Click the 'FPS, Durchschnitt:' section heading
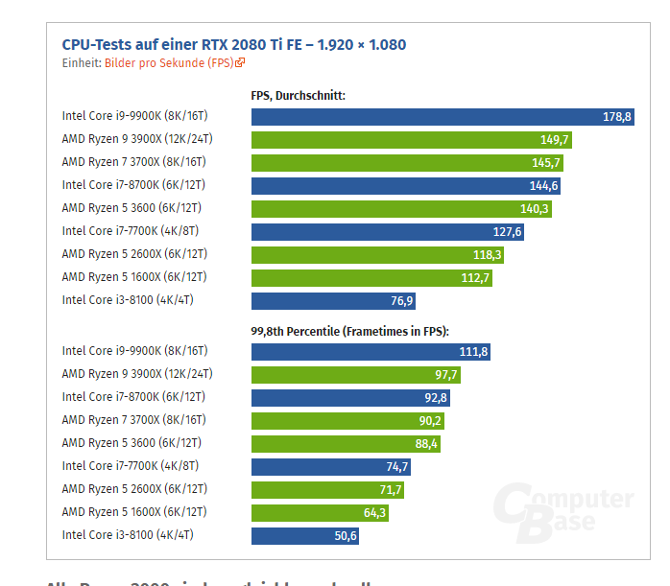click(298, 96)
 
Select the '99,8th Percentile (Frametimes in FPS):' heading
click(350, 331)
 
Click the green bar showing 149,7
click(403, 140)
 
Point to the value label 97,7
click(448, 375)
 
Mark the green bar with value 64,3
click(317, 513)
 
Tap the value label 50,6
click(346, 536)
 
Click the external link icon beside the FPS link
click(240, 63)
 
